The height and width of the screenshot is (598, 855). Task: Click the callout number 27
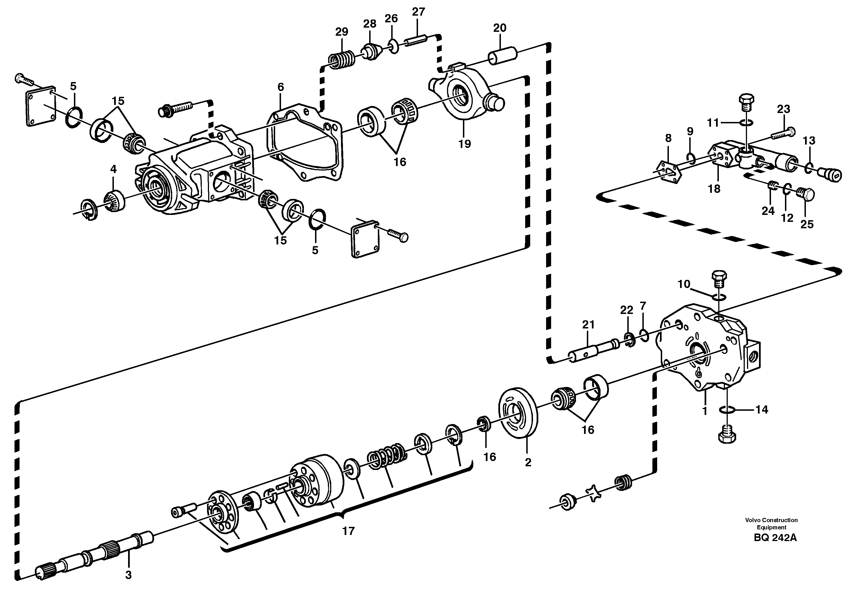pos(418,12)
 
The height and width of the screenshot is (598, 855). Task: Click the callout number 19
pos(464,144)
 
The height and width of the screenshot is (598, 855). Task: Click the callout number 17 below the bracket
pos(348,530)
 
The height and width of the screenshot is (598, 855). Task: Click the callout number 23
pos(784,109)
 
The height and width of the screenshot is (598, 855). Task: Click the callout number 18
pos(714,189)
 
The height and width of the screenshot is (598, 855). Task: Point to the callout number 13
pos(809,141)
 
